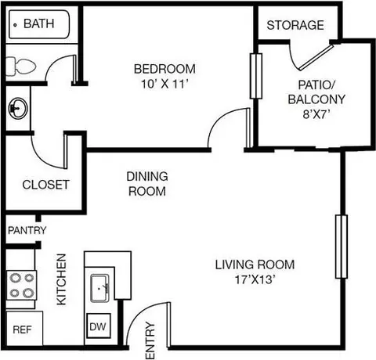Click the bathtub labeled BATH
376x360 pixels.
click(39, 24)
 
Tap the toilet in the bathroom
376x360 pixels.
click(20, 66)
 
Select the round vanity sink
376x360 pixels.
click(18, 108)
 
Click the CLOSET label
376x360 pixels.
click(46, 185)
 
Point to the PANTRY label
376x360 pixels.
click(27, 230)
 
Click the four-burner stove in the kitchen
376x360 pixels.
click(21, 286)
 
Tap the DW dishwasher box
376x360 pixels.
click(98, 326)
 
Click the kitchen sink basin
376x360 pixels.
click(99, 288)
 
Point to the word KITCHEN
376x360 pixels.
click(62, 279)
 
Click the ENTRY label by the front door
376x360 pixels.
click(150, 340)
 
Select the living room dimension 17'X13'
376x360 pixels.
click(255, 280)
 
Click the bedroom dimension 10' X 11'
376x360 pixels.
click(164, 84)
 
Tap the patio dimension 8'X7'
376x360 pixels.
click(316, 114)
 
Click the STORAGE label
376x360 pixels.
click(295, 25)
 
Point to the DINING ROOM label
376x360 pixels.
click(147, 184)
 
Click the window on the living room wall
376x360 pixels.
click(342, 247)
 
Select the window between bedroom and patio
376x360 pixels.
click(256, 76)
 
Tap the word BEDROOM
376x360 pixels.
click(164, 69)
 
